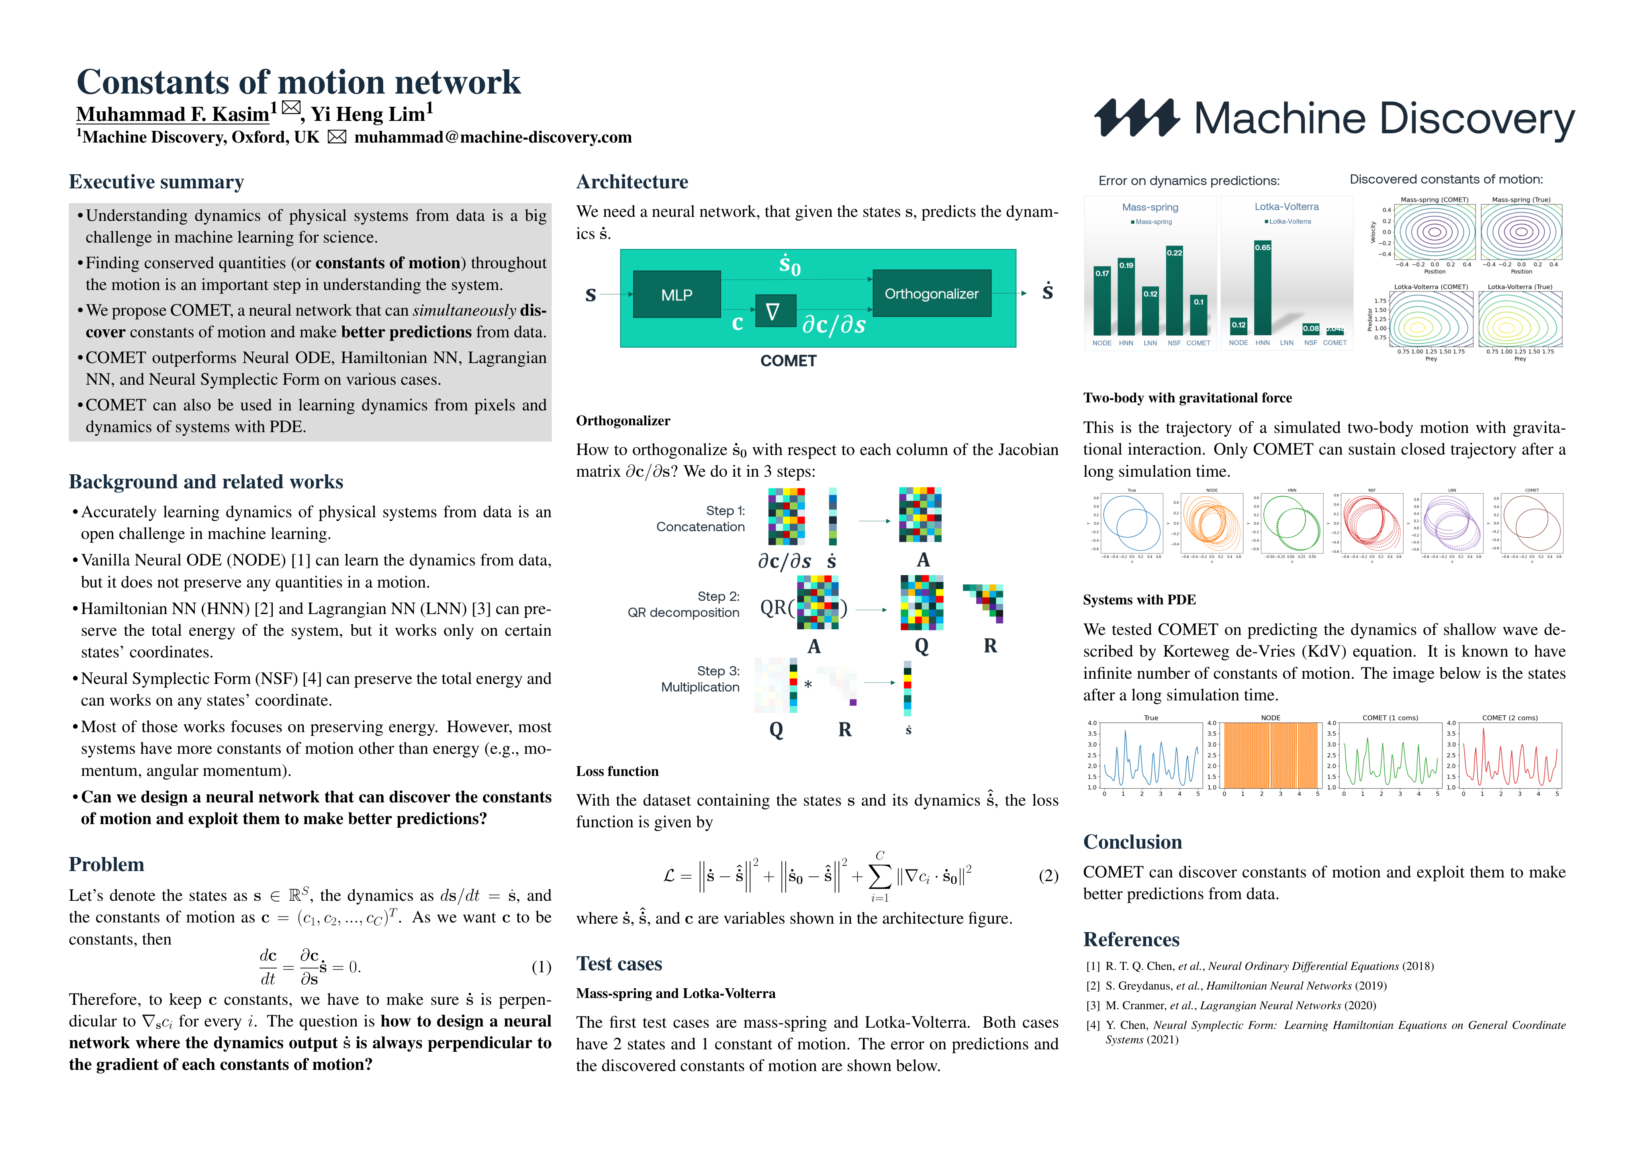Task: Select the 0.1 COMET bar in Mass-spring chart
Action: coord(1198,315)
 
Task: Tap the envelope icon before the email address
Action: coord(337,137)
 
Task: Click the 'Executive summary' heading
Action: coord(156,182)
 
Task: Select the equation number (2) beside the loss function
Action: coord(1048,876)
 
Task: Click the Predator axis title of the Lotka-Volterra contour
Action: coord(1369,319)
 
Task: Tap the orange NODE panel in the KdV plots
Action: coord(1270,755)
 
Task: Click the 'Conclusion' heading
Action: coord(1132,843)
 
